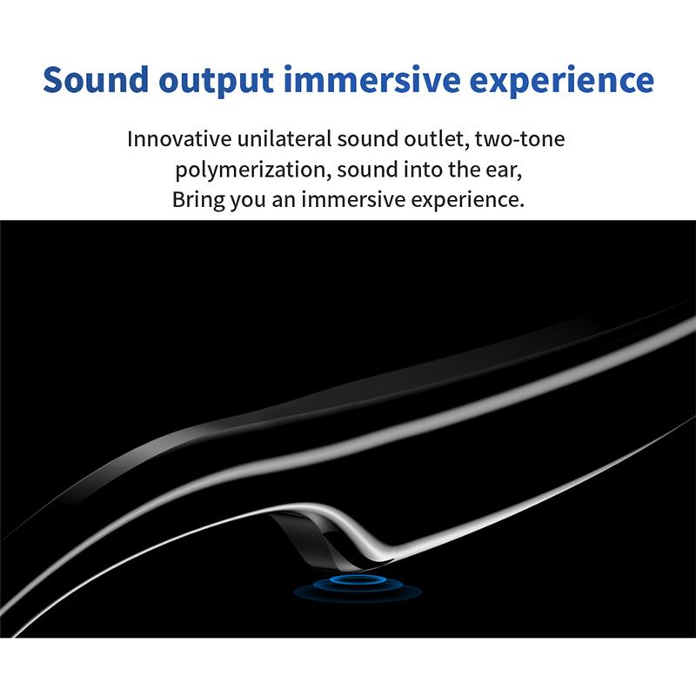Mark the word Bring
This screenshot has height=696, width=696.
(196, 199)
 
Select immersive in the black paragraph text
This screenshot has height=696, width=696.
(358, 199)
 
